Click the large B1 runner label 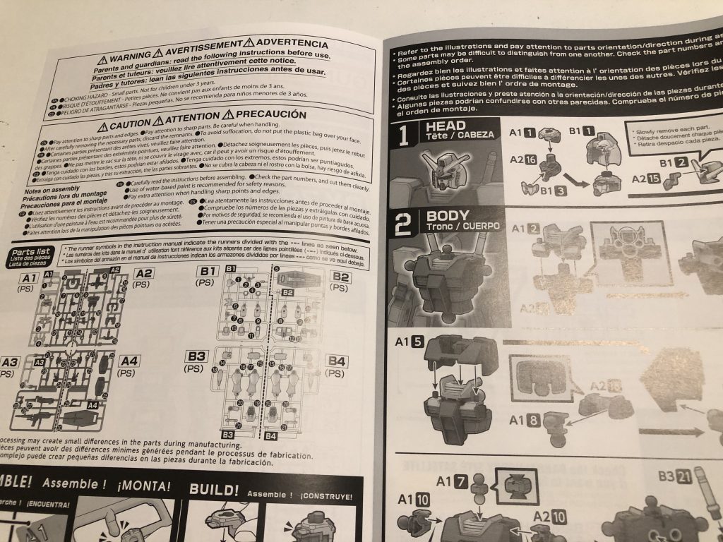tap(208, 270)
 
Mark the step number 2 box tap(402, 224)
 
